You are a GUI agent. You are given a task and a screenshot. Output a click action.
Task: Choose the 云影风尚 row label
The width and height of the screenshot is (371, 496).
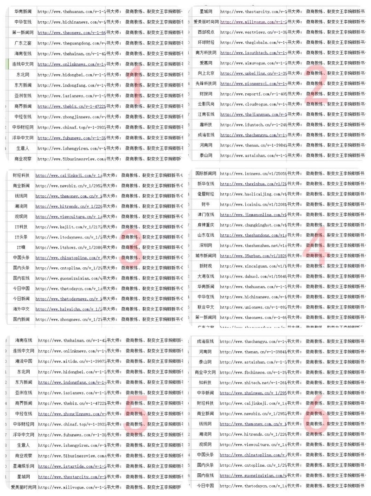[206, 104]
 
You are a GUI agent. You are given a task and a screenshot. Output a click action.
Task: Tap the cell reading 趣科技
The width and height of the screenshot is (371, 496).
[206, 125]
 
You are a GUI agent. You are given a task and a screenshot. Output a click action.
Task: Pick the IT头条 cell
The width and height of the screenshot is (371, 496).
[23, 237]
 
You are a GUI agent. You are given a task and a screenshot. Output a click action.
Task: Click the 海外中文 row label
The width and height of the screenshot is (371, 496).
[23, 309]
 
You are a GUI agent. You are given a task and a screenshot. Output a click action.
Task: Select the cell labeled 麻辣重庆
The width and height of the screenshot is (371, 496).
[206, 225]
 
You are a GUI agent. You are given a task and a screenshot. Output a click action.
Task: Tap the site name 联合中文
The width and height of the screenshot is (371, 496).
[206, 307]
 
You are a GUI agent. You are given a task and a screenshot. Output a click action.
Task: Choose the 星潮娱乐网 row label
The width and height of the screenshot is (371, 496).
[23, 466]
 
